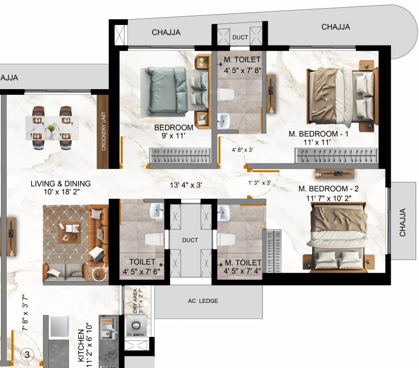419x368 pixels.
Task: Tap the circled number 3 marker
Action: (27, 355)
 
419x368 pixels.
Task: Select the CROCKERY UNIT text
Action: (103, 132)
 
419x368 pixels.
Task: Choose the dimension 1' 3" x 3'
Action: (260, 183)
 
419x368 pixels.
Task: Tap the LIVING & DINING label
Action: (60, 184)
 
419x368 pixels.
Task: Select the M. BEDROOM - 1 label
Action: (318, 134)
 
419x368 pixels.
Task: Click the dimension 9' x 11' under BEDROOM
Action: (173, 136)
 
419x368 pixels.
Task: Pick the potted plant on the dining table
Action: (52, 127)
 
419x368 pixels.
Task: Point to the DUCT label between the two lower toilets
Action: (190, 240)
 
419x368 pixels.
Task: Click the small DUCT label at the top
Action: (240, 37)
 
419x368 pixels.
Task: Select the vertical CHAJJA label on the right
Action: (403, 222)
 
